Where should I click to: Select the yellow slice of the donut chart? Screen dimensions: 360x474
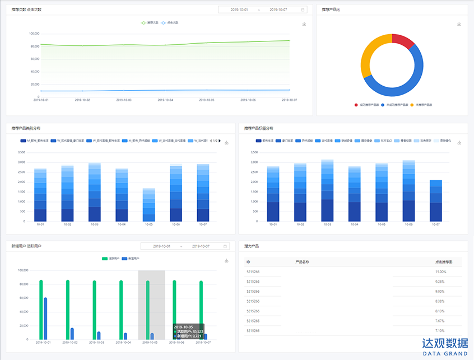point(369,57)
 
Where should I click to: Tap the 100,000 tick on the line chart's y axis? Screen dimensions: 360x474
point(34,33)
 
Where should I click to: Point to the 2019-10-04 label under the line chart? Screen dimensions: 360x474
point(166,100)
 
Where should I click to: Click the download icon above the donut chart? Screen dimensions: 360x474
point(459,24)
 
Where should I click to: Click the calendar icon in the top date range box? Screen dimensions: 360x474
point(303,10)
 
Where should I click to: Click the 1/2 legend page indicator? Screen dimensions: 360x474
point(215,141)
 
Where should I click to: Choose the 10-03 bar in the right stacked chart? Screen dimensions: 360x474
point(327,190)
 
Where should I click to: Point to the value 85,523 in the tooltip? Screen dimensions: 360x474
point(197,331)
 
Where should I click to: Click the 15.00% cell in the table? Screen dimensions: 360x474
point(440,272)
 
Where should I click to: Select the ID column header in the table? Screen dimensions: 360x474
point(248,261)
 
